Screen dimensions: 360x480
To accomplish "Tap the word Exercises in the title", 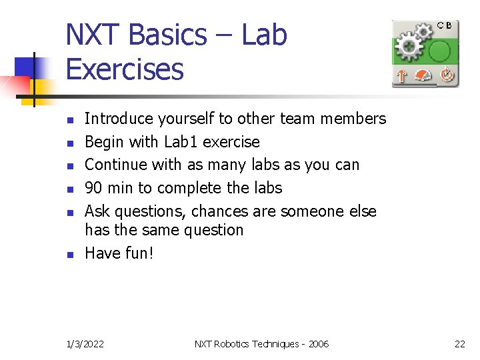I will [125, 69].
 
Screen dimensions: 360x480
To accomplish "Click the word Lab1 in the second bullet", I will [181, 142].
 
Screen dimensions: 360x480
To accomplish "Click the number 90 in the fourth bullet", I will [94, 188].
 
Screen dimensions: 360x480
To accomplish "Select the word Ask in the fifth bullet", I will [97, 211].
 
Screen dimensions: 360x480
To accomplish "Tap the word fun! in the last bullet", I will [137, 253].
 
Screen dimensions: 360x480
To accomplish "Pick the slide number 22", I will [459, 344].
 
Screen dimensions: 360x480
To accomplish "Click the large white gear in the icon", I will [407, 47].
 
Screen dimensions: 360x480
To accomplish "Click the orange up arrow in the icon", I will [401, 76].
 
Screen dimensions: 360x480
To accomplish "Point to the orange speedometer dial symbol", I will [424, 76].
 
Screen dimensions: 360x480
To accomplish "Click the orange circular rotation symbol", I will [446, 75].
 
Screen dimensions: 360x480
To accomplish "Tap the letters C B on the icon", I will [445, 25].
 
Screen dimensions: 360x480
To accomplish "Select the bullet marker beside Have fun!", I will [69, 254].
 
